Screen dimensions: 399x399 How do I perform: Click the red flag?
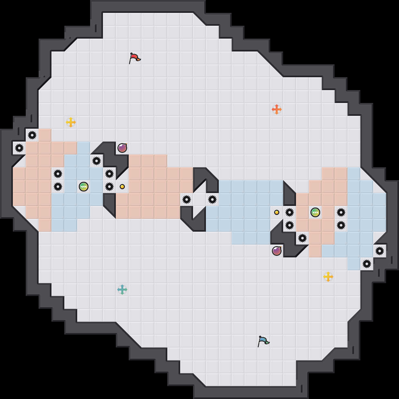click(x=135, y=58)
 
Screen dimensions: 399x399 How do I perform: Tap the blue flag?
click(x=264, y=341)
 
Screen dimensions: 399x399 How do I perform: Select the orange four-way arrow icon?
click(x=277, y=109)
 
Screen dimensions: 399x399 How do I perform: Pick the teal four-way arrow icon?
click(x=122, y=290)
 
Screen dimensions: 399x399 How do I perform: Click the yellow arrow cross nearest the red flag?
click(x=71, y=122)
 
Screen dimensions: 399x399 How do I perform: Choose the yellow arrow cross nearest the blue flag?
click(x=328, y=277)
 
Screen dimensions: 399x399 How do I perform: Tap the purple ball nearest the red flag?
click(x=122, y=148)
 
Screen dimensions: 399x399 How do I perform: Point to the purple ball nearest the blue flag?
click(x=277, y=251)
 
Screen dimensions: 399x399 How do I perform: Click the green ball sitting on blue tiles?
click(x=84, y=187)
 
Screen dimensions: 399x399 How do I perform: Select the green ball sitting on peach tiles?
click(x=315, y=212)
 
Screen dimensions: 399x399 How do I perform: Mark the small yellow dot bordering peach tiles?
click(x=122, y=187)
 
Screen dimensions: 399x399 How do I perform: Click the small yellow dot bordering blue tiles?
click(x=277, y=212)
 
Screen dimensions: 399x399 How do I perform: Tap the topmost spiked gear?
click(x=32, y=135)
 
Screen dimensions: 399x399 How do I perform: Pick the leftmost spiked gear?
click(x=19, y=148)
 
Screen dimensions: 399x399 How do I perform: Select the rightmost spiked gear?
click(x=380, y=251)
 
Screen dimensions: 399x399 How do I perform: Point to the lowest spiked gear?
click(x=367, y=264)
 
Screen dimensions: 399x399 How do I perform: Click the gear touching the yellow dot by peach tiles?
click(x=109, y=187)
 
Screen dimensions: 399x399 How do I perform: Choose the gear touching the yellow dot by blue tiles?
click(x=290, y=212)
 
